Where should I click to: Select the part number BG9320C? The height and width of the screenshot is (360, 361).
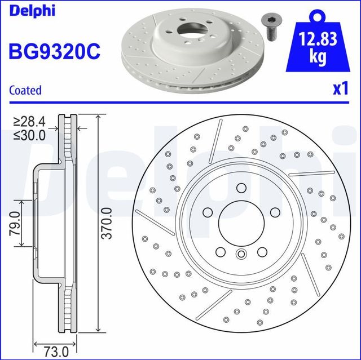(x=55, y=51)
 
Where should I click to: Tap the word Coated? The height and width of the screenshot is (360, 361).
(x=26, y=90)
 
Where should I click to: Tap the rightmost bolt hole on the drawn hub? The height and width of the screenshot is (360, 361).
(x=274, y=211)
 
